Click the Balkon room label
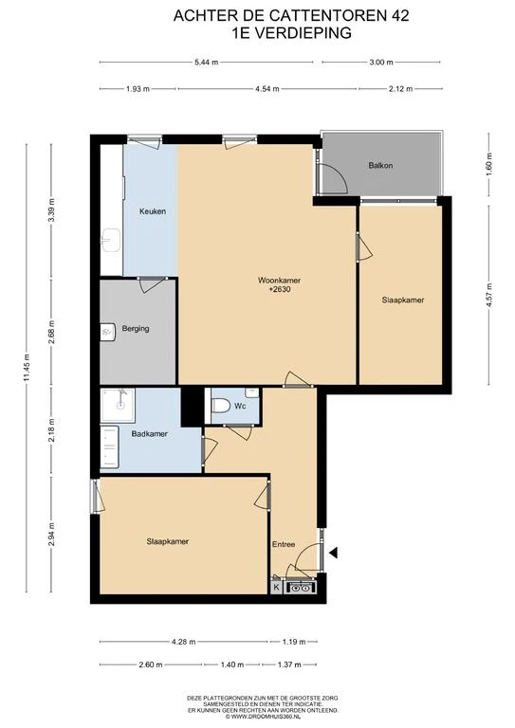[x=380, y=165]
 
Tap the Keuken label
[x=153, y=211]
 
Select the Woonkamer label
[x=279, y=281]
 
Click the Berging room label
[x=136, y=329]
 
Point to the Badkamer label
[x=149, y=434]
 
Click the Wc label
[x=240, y=407]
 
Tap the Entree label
[x=284, y=544]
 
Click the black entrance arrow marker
[x=334, y=553]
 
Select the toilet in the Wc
[x=221, y=406]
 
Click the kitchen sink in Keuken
[x=111, y=240]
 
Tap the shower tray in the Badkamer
[x=118, y=406]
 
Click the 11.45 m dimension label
[x=27, y=368]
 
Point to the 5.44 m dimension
[x=206, y=63]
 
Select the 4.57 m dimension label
[x=488, y=297]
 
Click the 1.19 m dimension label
[x=294, y=642]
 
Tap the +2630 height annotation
[x=280, y=289]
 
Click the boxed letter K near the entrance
[x=276, y=588]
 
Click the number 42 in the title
[x=400, y=16]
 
